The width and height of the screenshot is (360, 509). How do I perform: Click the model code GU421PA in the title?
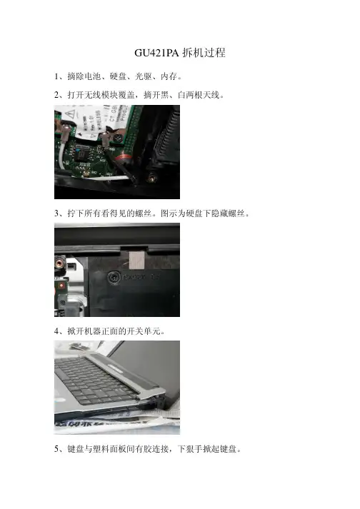[x=156, y=53]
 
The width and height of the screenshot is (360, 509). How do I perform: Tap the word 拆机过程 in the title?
[x=204, y=53]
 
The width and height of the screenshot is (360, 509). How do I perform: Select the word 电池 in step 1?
[x=93, y=76]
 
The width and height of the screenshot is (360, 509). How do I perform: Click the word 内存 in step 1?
[x=169, y=76]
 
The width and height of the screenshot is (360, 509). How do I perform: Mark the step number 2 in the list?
[x=56, y=95]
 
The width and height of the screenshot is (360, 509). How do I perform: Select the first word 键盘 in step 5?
[x=76, y=449]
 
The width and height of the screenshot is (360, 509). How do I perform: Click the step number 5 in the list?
[x=56, y=449]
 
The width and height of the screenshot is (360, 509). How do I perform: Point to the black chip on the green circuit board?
[x=83, y=153]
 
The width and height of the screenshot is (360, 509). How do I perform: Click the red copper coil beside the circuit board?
[x=124, y=159]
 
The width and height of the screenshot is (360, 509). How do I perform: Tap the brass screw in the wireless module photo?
[x=151, y=178]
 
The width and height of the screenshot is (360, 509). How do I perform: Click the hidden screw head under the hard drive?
[x=114, y=278]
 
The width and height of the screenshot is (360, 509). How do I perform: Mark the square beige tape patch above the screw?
[x=137, y=260]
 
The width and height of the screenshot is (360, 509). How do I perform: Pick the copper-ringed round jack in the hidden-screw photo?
[x=60, y=261]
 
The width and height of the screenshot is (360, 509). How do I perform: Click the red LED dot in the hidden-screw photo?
[x=61, y=286]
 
